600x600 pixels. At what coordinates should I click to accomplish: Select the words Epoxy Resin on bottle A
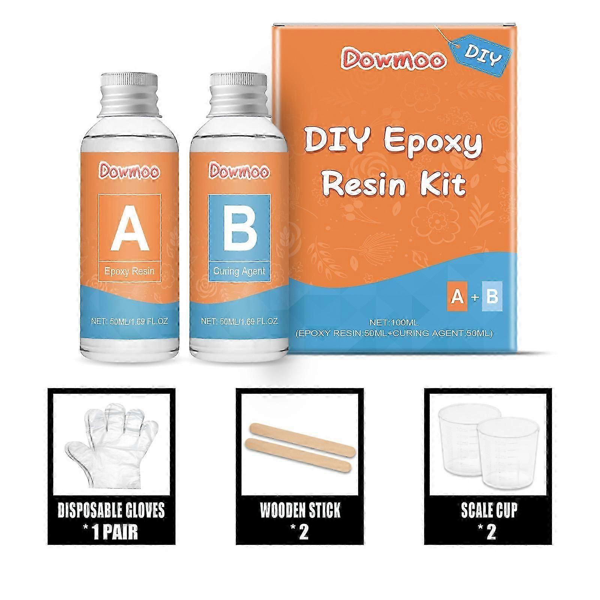click(129, 271)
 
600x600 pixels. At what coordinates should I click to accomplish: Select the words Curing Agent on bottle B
click(239, 271)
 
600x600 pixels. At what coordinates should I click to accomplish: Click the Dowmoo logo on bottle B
click(239, 171)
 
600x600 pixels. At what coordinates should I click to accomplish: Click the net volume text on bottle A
click(130, 321)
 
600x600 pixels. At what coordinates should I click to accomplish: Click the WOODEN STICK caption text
click(300, 510)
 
